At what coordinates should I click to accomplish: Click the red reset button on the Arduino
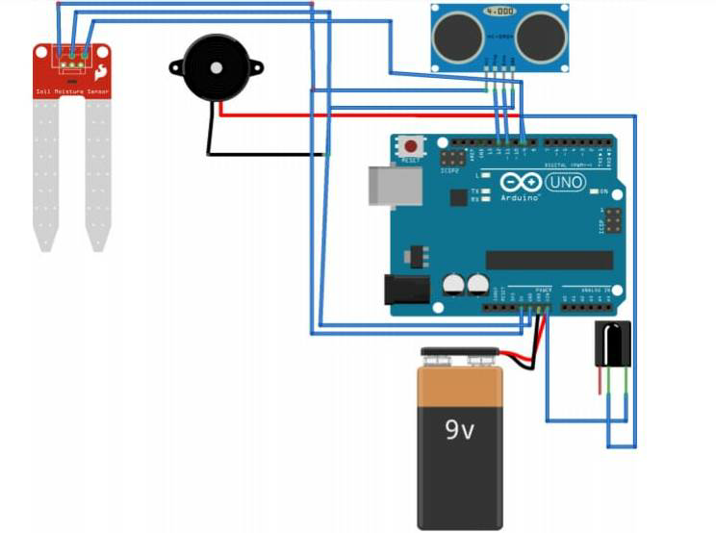click(411, 147)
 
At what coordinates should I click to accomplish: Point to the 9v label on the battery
click(459, 431)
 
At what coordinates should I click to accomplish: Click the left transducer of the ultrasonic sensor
click(457, 37)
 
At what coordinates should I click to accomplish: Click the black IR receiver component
click(612, 344)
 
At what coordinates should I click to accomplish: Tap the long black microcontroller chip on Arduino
click(549, 260)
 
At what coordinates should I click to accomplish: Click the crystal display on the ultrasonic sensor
click(499, 12)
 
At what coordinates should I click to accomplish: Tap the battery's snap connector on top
click(460, 359)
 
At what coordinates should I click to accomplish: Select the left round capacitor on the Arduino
click(452, 284)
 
